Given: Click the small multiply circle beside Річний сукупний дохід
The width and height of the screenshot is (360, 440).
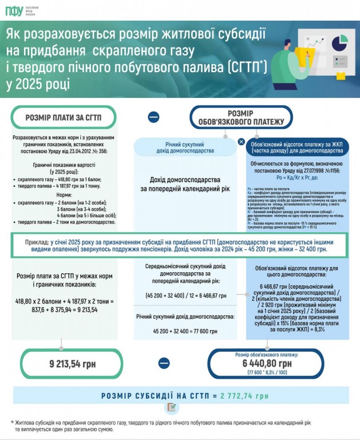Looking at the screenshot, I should tap(241, 142).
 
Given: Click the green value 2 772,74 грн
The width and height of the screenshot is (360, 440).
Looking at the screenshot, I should tap(245, 395).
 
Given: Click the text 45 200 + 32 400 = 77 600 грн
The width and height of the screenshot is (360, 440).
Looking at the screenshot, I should tap(181, 331).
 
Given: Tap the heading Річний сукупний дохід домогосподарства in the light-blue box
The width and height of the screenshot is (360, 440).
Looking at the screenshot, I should tap(182, 147).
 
